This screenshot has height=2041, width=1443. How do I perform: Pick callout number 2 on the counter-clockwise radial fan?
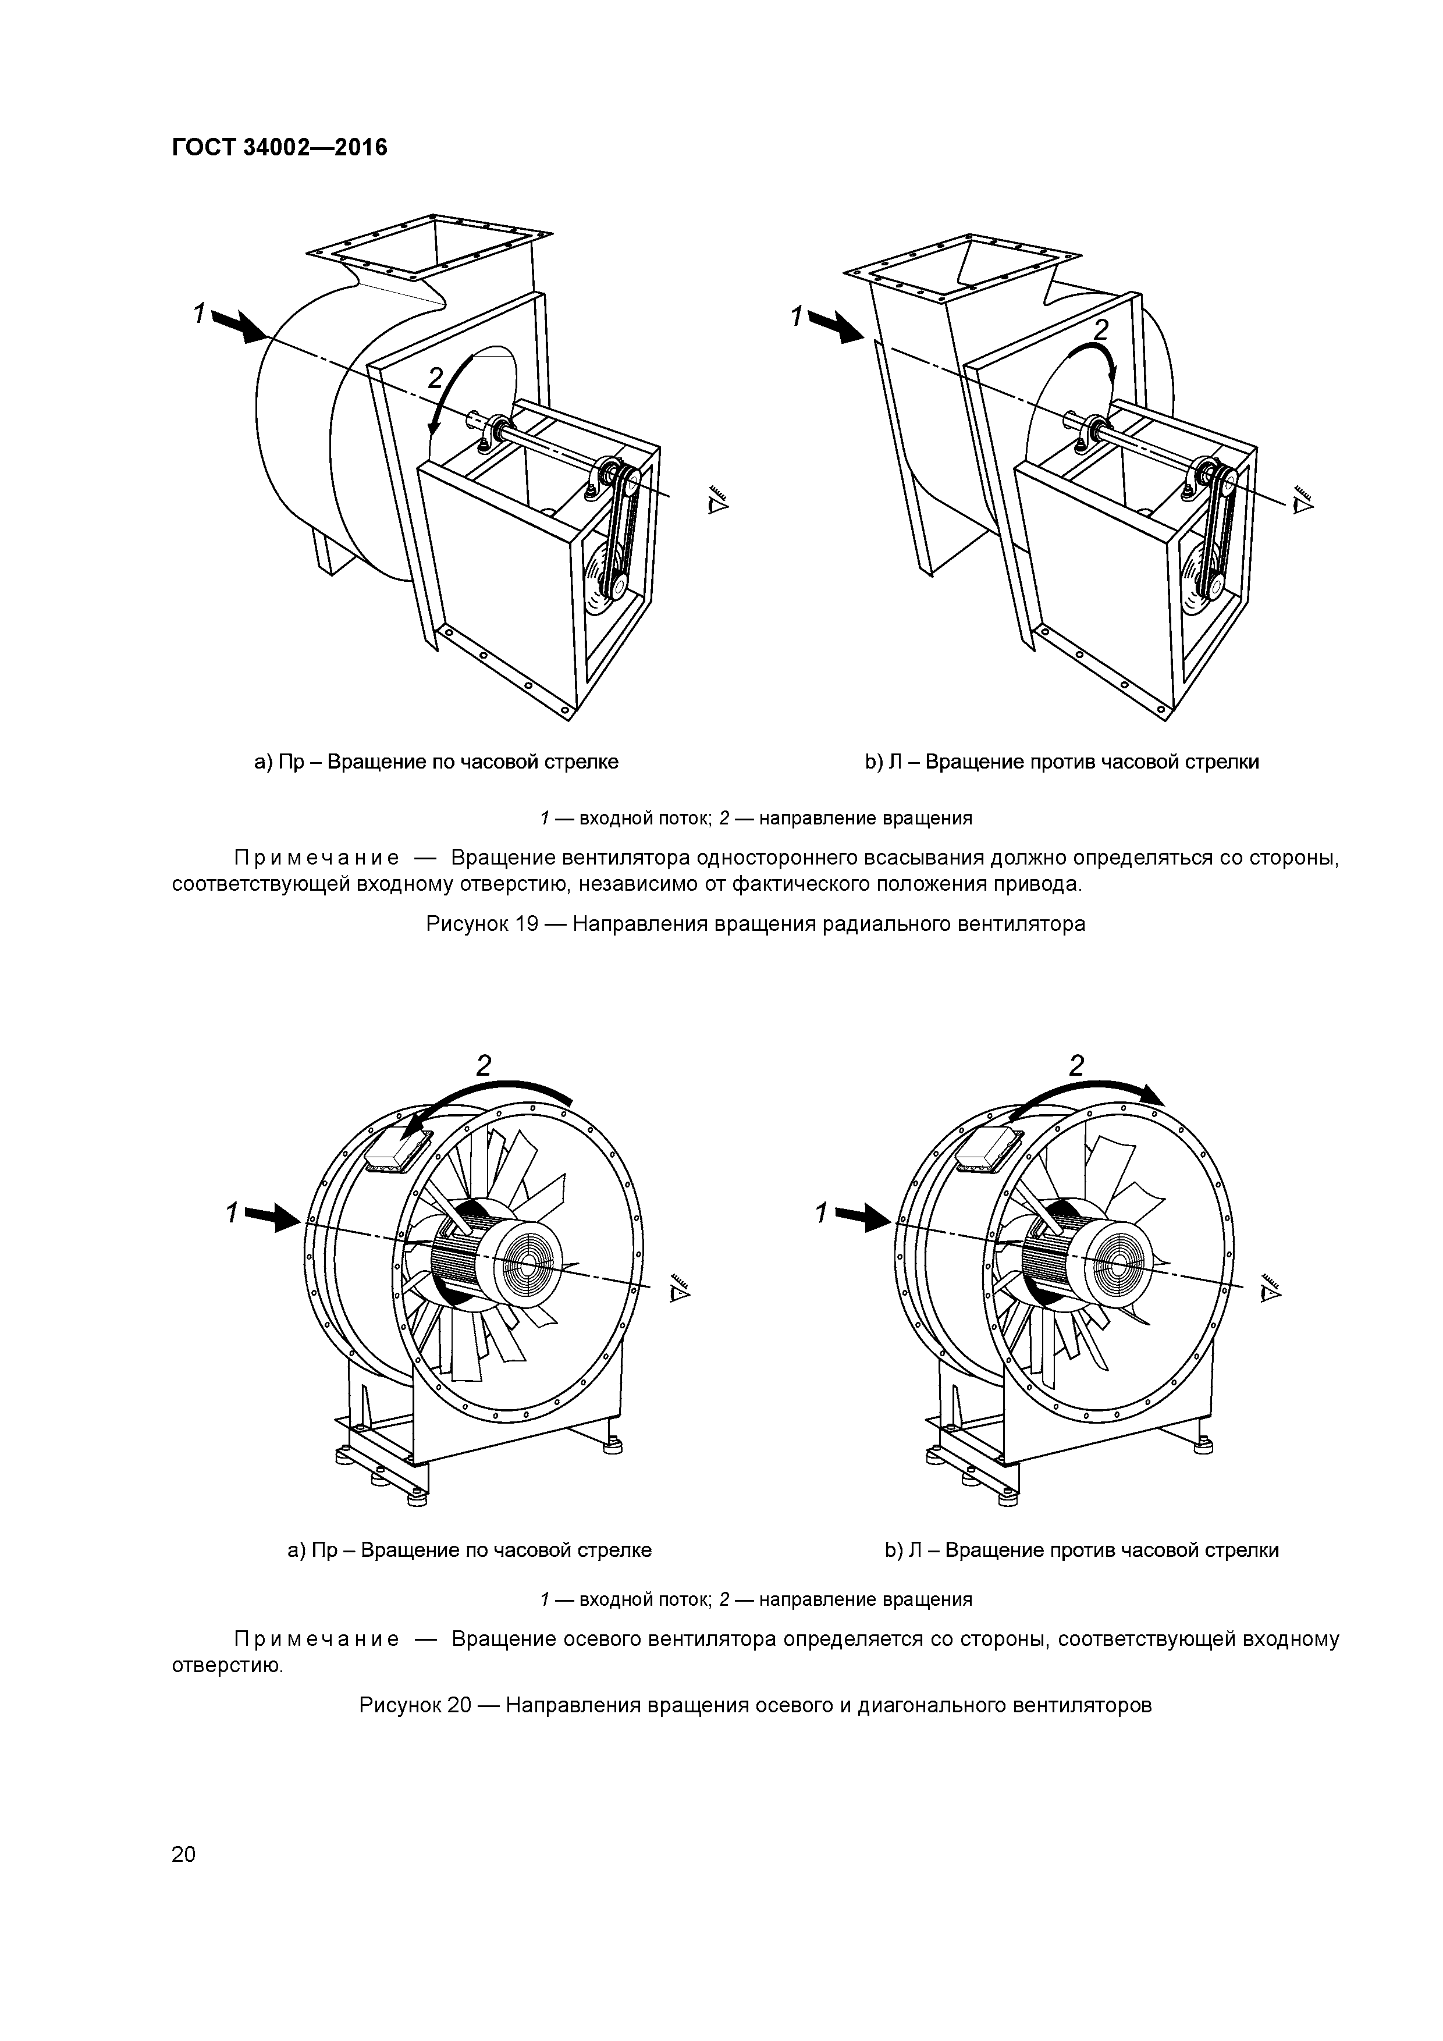[x=1101, y=330]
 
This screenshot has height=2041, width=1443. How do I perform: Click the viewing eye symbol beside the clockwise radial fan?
[x=717, y=502]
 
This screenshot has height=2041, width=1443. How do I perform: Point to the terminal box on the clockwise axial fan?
[x=396, y=1153]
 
